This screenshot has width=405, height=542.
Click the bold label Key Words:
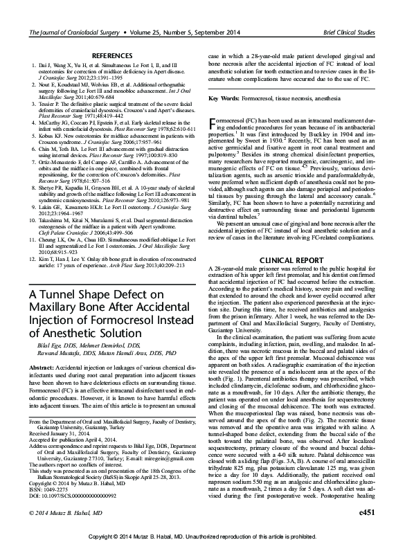[225, 99]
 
